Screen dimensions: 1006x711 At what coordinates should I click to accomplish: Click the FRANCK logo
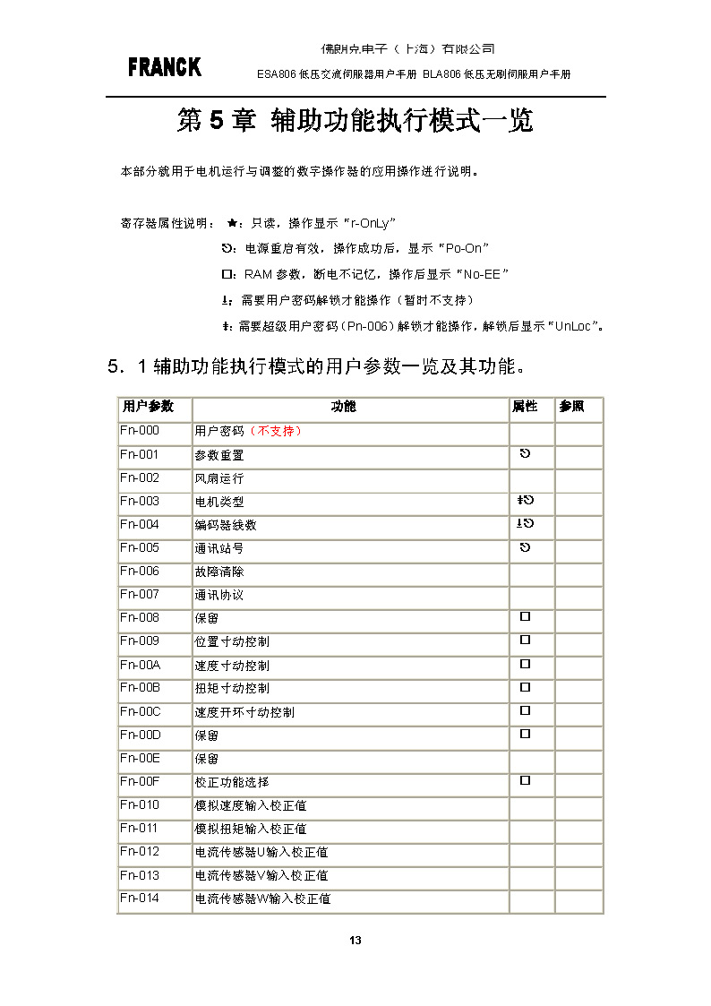point(165,67)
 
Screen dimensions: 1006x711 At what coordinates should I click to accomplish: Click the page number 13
point(355,940)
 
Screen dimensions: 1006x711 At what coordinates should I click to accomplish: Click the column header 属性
point(525,407)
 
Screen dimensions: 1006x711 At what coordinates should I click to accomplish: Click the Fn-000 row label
point(140,431)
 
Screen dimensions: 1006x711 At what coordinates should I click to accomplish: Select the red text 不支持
point(280,432)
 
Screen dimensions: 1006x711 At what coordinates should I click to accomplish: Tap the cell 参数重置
point(219,455)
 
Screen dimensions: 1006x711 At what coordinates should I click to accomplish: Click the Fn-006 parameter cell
point(140,572)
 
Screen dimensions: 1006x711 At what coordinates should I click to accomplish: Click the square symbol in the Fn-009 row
point(526,641)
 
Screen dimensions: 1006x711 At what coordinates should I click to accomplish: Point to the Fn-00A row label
point(140,666)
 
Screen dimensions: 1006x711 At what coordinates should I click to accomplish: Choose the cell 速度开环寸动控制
point(244,712)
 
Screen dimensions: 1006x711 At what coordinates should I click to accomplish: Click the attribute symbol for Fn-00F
point(526,781)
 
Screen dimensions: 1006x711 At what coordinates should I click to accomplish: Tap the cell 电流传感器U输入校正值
point(261,852)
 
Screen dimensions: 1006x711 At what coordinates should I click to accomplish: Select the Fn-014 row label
point(140,899)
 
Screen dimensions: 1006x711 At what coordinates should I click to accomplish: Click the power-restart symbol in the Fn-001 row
point(526,454)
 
